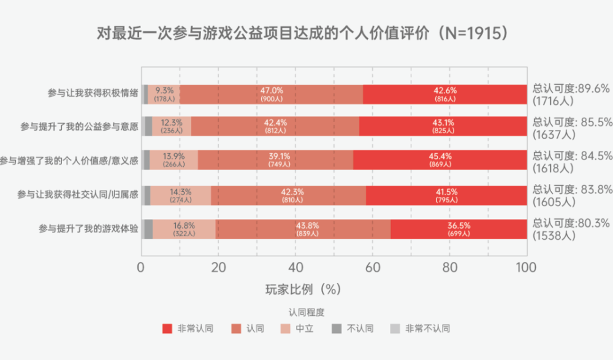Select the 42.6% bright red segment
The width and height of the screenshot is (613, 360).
[x=444, y=94]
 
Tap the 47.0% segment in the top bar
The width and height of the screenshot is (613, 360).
[x=272, y=94]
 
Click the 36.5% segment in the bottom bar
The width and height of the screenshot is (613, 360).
[x=459, y=229]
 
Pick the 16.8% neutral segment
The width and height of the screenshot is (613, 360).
[x=184, y=229]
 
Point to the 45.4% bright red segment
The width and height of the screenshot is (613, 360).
[x=440, y=160]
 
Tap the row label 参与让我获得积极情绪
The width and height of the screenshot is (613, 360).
[x=93, y=94]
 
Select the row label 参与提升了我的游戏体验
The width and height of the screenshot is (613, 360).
[x=88, y=229]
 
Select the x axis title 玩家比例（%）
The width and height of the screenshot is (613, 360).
[x=303, y=289]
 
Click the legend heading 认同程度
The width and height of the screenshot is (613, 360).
[x=306, y=312]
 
